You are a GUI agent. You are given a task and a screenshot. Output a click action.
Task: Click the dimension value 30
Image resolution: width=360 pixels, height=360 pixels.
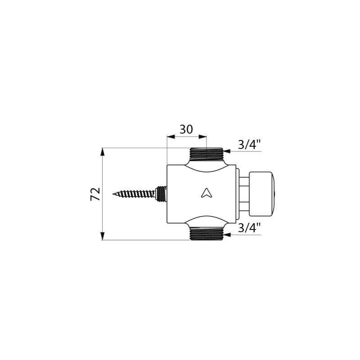pos(186,129)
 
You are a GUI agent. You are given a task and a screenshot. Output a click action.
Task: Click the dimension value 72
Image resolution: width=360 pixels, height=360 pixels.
pos(95,194)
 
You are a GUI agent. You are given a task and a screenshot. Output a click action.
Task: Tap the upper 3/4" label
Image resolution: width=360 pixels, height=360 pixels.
pos(249,144)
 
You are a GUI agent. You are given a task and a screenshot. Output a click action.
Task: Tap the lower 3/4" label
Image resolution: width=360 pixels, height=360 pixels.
pos(249,228)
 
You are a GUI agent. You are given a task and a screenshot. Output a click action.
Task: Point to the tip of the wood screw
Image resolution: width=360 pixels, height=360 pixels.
pos(113,194)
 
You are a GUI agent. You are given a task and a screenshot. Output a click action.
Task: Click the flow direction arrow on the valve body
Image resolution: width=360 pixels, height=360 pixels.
pos(206,193)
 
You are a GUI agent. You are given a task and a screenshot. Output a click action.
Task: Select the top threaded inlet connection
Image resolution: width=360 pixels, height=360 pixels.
pos(206,154)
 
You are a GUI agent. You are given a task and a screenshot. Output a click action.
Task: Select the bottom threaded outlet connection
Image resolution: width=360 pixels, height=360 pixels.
pos(206,234)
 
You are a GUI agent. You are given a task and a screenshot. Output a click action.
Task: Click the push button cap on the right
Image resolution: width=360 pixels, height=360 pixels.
pos(262,194)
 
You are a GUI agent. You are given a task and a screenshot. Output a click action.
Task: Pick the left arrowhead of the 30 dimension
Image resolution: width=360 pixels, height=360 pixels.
pos(171,137)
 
